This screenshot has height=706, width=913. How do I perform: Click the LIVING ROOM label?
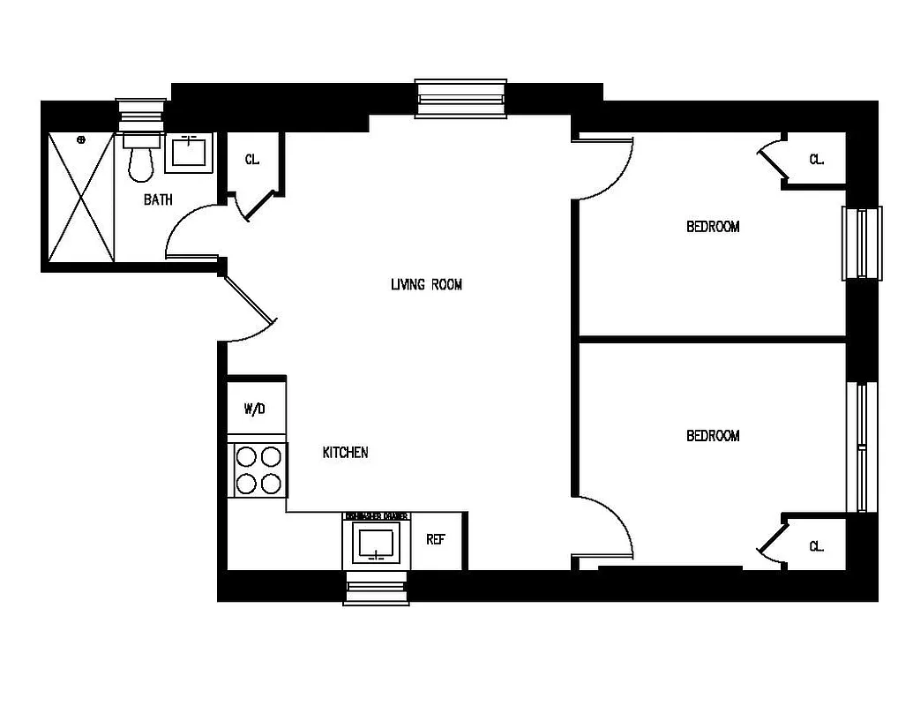click(426, 284)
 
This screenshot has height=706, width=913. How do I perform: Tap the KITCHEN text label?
click(345, 453)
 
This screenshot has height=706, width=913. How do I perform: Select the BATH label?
click(158, 200)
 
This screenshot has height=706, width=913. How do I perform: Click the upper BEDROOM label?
click(713, 227)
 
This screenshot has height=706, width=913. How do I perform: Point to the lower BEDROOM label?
click(713, 436)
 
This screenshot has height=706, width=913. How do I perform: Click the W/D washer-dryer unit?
click(255, 409)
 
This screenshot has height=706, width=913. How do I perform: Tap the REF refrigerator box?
click(436, 540)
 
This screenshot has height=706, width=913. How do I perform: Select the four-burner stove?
click(258, 470)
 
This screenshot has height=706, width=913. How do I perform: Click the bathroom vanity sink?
click(188, 153)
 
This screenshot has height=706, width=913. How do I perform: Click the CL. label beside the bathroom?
click(252, 160)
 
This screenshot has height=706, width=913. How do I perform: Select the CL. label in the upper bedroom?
click(817, 160)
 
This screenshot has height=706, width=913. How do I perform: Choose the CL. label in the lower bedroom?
click(817, 546)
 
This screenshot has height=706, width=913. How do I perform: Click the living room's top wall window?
click(461, 98)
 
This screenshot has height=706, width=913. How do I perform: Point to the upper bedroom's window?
click(861, 243)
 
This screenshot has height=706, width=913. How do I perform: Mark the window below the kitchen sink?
click(377, 587)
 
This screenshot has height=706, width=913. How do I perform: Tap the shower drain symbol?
click(81, 139)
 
